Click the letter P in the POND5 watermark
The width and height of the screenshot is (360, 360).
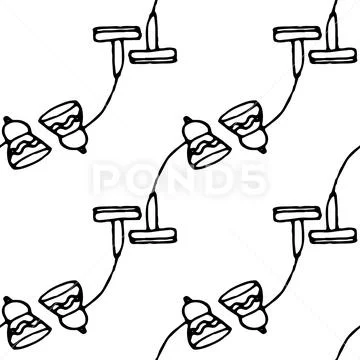pyautogui.click(x=107, y=179)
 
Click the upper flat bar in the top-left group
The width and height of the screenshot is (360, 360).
pyautogui.click(x=117, y=34)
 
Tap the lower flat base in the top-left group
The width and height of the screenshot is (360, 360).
pyautogui.click(x=153, y=56)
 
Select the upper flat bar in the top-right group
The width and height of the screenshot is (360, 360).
pyautogui.click(x=297, y=34)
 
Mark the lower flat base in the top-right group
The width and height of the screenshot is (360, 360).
pyautogui.click(x=333, y=56)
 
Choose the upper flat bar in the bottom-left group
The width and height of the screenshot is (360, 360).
pyautogui.click(x=117, y=214)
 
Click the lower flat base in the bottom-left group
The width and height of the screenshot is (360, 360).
pyautogui.click(x=153, y=236)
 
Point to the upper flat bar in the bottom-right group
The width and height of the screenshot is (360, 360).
pyautogui.click(x=297, y=214)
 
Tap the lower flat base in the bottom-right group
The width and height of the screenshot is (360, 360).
pyautogui.click(x=333, y=236)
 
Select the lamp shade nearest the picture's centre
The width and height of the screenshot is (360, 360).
pyautogui.click(x=206, y=144)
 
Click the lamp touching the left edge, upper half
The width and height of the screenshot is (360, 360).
pyautogui.click(x=25, y=144)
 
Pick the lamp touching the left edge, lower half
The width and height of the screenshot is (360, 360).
pyautogui.click(x=25, y=324)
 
